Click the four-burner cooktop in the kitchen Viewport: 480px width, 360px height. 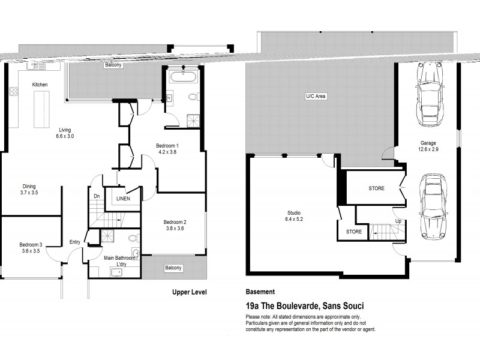[13, 91]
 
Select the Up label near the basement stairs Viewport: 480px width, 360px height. [398, 220]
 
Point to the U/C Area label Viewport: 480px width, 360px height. [316, 96]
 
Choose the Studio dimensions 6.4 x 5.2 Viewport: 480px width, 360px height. [293, 218]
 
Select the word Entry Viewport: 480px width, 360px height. [74, 242]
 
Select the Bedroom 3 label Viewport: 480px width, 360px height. [29, 244]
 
